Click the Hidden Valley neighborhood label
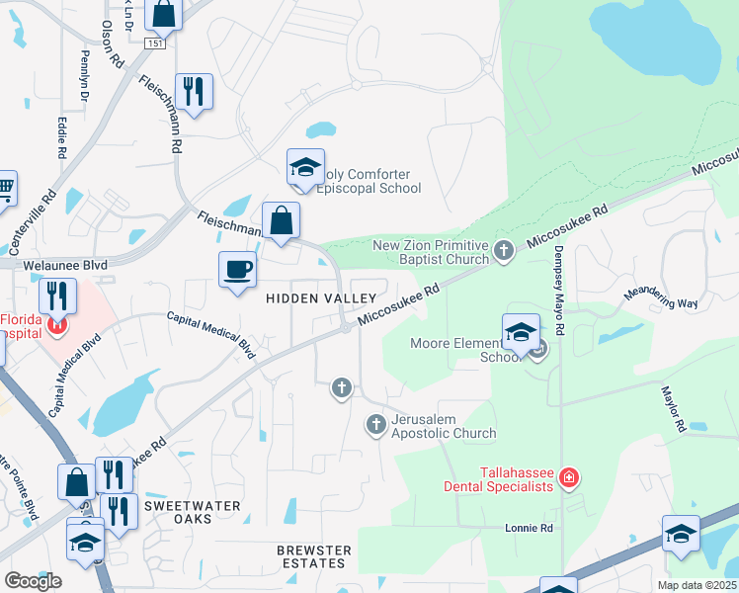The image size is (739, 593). [319, 297]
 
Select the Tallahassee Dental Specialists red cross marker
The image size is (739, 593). [568, 479]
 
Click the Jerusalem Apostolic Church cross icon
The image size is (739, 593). [375, 425]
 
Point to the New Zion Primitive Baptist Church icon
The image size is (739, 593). [504, 251]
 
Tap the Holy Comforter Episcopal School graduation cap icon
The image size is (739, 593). [305, 169]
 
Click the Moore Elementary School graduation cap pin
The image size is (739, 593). [520, 333]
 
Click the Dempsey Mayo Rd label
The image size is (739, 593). [558, 278]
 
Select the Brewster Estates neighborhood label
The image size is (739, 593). [314, 557]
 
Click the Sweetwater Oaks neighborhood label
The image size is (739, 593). [192, 512]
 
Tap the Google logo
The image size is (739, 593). [33, 581]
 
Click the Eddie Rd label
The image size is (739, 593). [61, 138]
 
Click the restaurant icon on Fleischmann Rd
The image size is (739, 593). [194, 92]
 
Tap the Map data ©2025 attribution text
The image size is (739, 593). [696, 585]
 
